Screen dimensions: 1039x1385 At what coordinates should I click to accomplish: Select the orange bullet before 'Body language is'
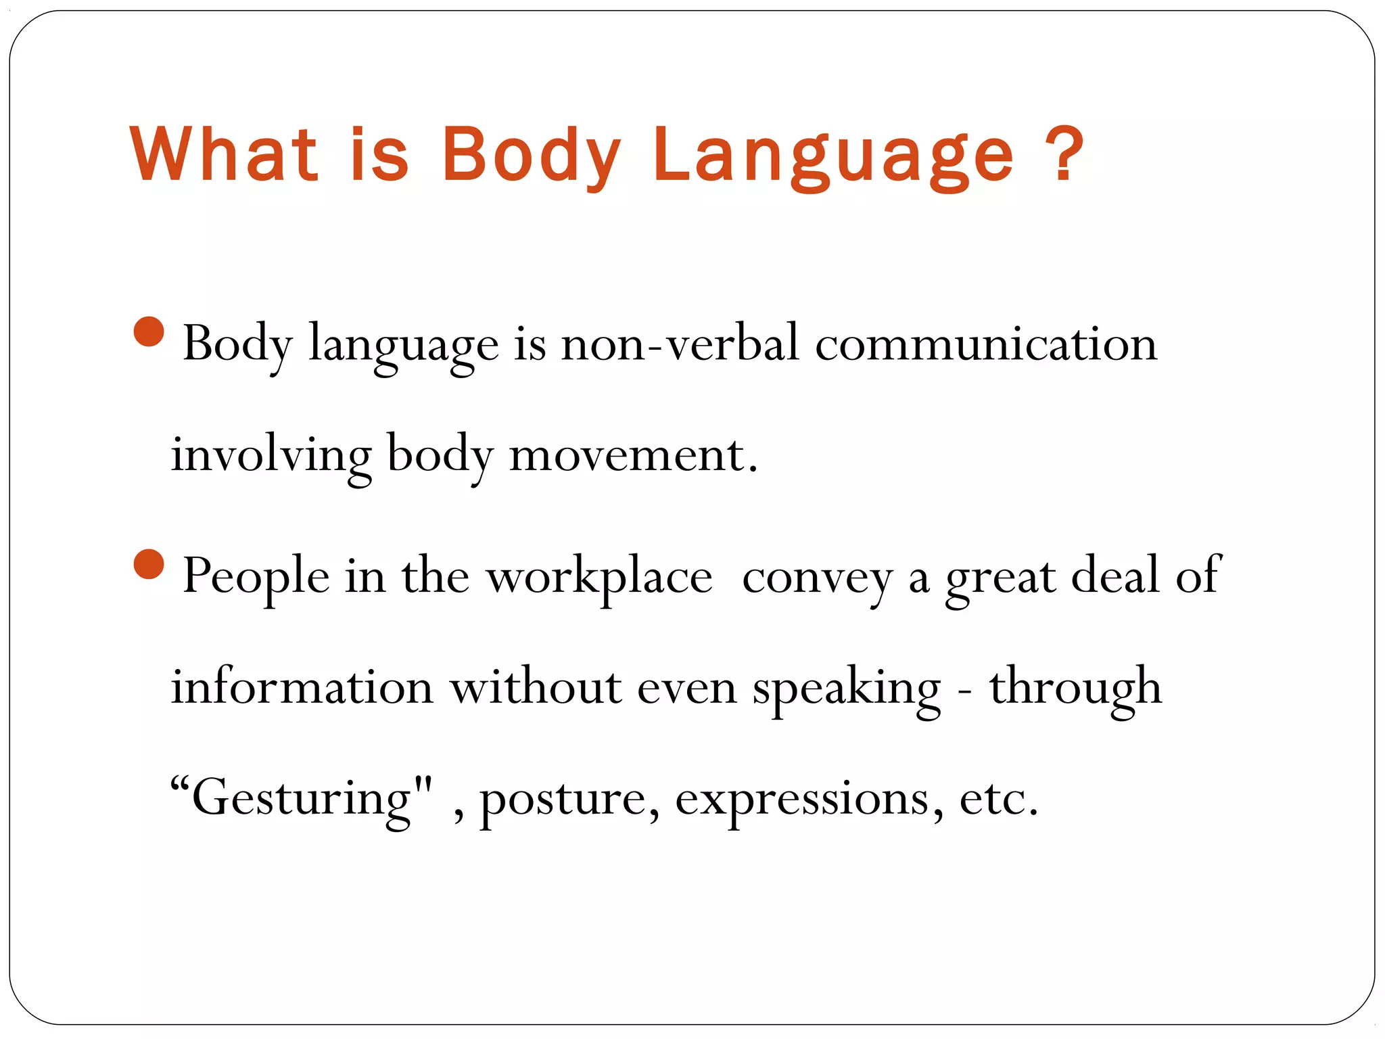pyautogui.click(x=149, y=331)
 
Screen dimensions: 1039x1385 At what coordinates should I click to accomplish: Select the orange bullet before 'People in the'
pyautogui.click(x=149, y=564)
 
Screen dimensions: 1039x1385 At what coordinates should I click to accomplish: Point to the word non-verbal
pyautogui.click(x=680, y=344)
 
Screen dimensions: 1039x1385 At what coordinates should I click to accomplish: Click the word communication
pyautogui.click(x=986, y=344)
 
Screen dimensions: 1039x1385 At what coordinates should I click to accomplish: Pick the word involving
pyautogui.click(x=271, y=455)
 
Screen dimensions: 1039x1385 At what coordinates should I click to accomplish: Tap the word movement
pyautogui.click(x=633, y=455)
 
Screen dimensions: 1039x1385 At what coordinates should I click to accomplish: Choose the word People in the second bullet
pyautogui.click(x=256, y=576)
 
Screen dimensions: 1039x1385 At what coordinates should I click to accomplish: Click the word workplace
pyautogui.click(x=600, y=576)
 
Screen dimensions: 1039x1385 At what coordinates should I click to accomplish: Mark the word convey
pyautogui.click(x=818, y=576)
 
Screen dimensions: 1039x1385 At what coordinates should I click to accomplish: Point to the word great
pyautogui.click(x=1000, y=576)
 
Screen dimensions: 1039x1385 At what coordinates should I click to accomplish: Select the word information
pyautogui.click(x=302, y=687)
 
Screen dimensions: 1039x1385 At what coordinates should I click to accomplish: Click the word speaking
pyautogui.click(x=846, y=687)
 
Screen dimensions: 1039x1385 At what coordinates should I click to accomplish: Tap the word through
pyautogui.click(x=1076, y=687)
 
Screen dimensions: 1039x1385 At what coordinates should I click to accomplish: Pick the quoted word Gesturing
pyautogui.click(x=302, y=798)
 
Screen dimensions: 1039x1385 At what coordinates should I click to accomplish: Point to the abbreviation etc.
pyautogui.click(x=998, y=798)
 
